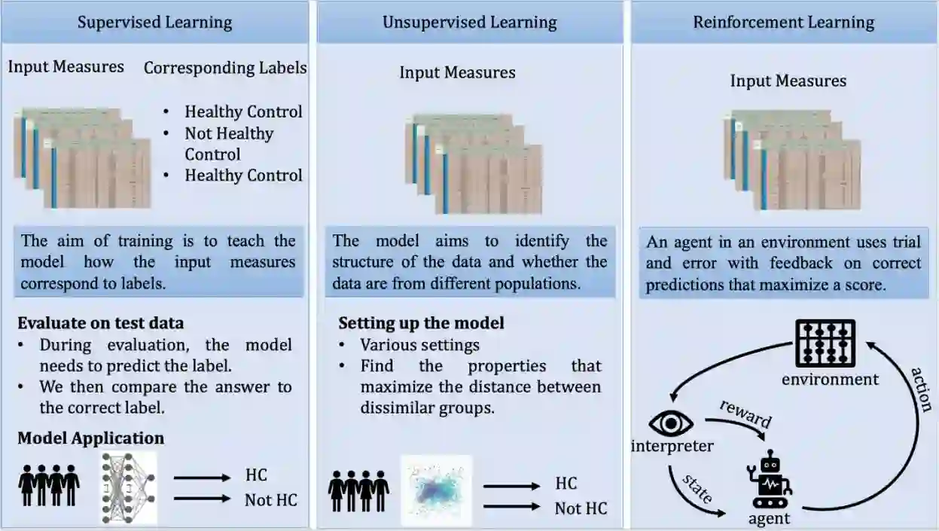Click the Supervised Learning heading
[154, 22]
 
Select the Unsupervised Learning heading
[469, 22]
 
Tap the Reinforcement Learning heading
[784, 22]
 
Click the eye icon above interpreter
[670, 423]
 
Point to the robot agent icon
[770, 481]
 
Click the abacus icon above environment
[826, 343]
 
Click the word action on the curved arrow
[920, 389]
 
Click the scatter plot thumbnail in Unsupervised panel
[437, 490]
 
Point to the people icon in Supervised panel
[49, 486]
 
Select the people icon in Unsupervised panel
[358, 491]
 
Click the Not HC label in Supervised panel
[270, 499]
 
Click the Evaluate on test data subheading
[101, 323]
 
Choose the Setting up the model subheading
[421, 323]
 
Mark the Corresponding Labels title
[225, 68]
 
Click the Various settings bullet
[419, 345]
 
